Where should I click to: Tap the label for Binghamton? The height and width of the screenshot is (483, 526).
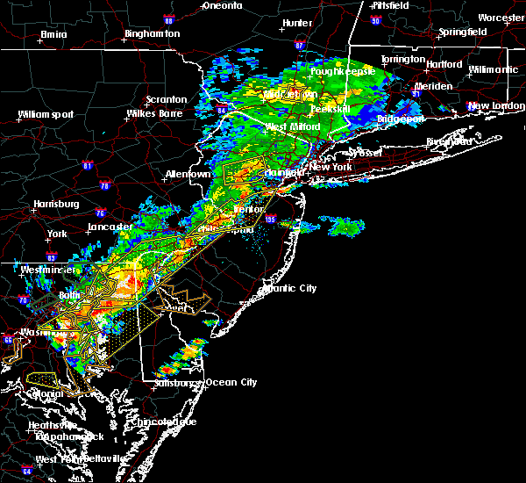point(152,33)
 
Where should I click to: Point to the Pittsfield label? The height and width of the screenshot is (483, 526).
point(387,5)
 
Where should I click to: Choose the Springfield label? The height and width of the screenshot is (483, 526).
point(463,32)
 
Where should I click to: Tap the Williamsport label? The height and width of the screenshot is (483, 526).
point(46,114)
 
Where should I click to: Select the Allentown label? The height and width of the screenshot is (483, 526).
point(188,174)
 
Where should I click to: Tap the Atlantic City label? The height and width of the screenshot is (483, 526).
point(290,288)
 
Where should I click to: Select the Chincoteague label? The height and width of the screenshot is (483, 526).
point(166,422)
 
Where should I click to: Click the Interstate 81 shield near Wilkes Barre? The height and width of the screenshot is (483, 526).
point(87,164)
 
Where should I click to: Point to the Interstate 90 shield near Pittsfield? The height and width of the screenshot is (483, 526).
point(375,19)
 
